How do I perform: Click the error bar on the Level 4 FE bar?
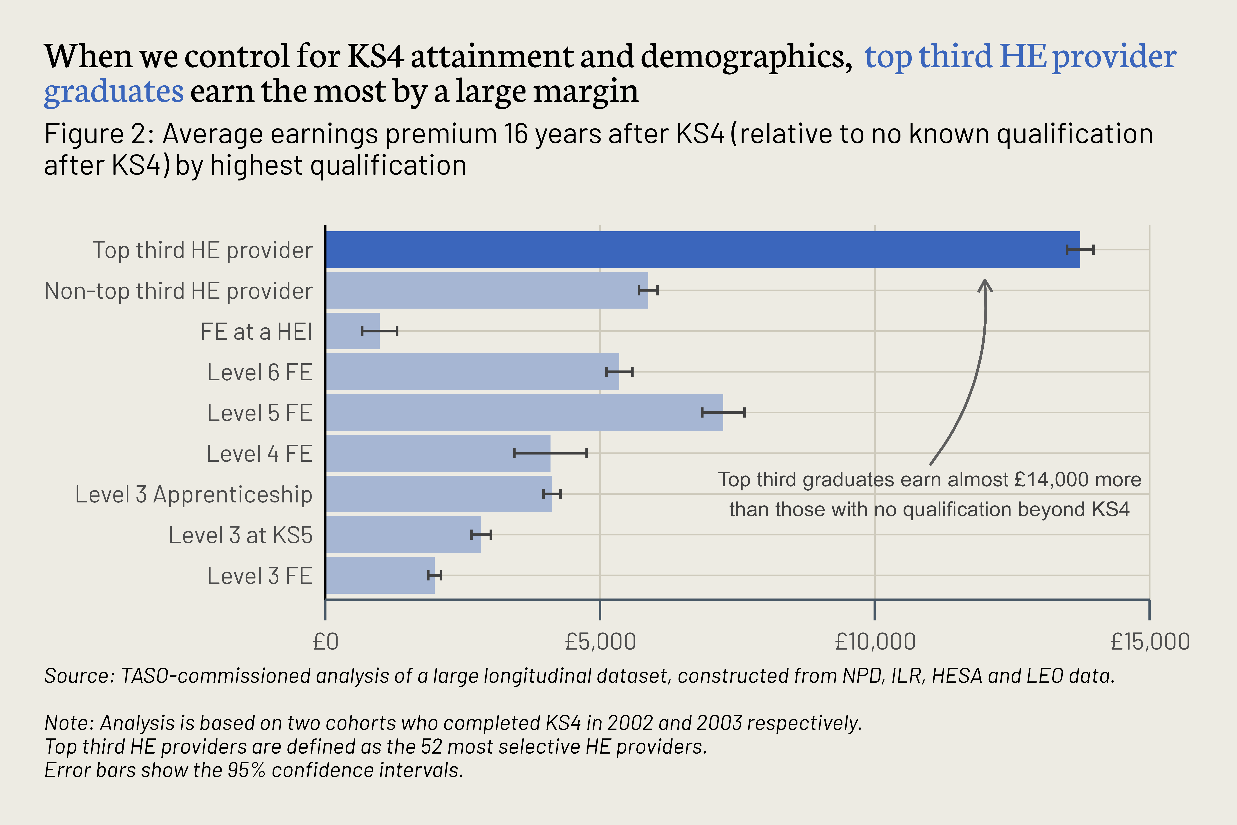(550, 453)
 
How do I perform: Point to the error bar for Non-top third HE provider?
(648, 291)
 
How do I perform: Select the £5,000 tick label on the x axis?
(600, 642)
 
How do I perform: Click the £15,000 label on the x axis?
(1150, 642)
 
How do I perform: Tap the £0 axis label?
(325, 642)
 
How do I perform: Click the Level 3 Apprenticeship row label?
(194, 494)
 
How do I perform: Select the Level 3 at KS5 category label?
(240, 535)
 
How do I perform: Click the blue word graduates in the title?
(114, 91)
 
